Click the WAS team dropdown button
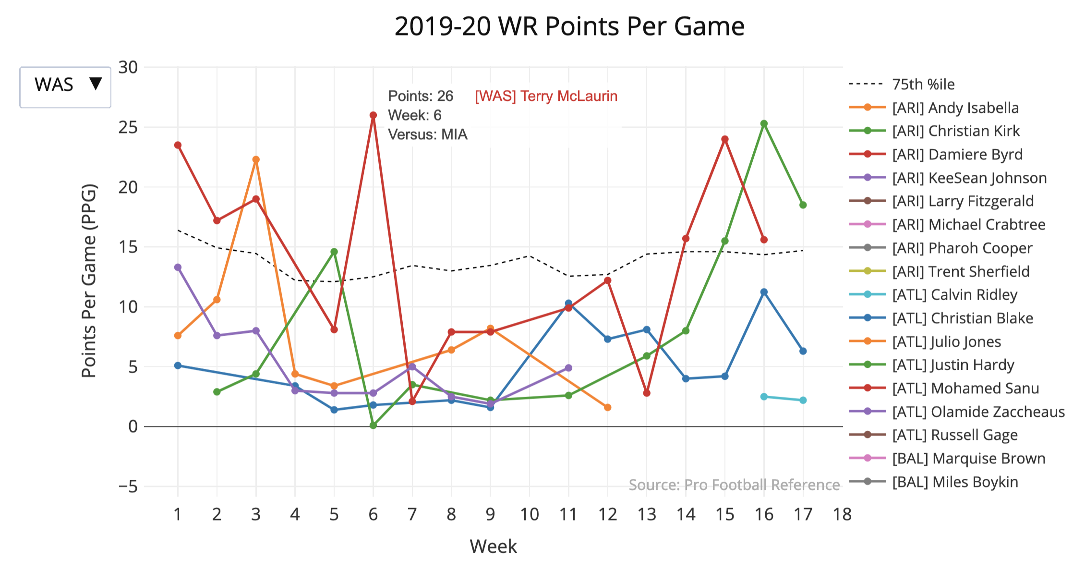pos(65,87)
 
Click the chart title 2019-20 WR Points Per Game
pos(569,26)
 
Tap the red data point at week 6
pos(373,115)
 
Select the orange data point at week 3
pos(256,159)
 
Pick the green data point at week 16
pos(764,123)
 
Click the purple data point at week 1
pos(178,267)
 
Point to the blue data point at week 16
pos(764,292)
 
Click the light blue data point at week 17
pos(803,400)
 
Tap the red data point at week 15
pos(724,139)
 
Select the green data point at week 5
pos(334,252)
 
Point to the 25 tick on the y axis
pos(128,127)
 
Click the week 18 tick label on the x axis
pos(842,514)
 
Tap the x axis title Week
pos(493,547)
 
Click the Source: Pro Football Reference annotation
pos(734,485)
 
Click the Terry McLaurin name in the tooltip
pos(546,96)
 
